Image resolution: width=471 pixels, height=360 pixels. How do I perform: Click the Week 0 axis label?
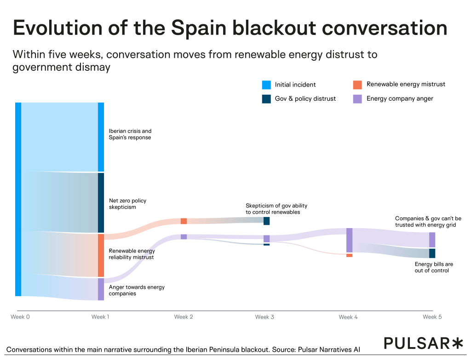pyautogui.click(x=20, y=317)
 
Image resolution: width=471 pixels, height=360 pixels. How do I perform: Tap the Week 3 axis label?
pyautogui.click(x=264, y=317)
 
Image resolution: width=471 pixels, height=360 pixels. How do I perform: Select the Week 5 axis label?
pyautogui.click(x=432, y=317)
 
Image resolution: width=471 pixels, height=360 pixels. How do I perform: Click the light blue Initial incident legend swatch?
pyautogui.click(x=266, y=85)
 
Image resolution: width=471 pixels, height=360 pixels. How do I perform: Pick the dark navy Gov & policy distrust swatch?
pyautogui.click(x=266, y=98)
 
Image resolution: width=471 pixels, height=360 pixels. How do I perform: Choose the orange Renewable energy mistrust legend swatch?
pyautogui.click(x=357, y=85)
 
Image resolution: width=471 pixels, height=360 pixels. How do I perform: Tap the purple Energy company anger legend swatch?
pyautogui.click(x=357, y=98)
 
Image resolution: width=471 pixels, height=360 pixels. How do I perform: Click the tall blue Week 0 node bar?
pyautogui.click(x=18, y=199)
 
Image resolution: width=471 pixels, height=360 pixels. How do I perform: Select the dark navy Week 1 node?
pyautogui.click(x=101, y=203)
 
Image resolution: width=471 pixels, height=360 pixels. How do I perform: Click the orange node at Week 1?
pyautogui.click(x=101, y=255)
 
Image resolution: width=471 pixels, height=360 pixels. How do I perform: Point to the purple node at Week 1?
pyautogui.click(x=101, y=289)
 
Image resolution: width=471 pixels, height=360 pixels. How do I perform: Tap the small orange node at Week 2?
pyautogui.click(x=184, y=221)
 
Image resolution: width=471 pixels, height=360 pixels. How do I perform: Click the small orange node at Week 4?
pyautogui.click(x=349, y=255)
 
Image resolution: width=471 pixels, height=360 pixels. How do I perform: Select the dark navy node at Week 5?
pyautogui.click(x=432, y=253)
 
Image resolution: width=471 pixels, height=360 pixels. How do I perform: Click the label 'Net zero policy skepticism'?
pyautogui.click(x=127, y=204)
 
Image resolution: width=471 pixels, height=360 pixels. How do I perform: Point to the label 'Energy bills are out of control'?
pyautogui.click(x=434, y=267)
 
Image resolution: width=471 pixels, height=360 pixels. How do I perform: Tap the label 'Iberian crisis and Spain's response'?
pyautogui.click(x=130, y=134)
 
